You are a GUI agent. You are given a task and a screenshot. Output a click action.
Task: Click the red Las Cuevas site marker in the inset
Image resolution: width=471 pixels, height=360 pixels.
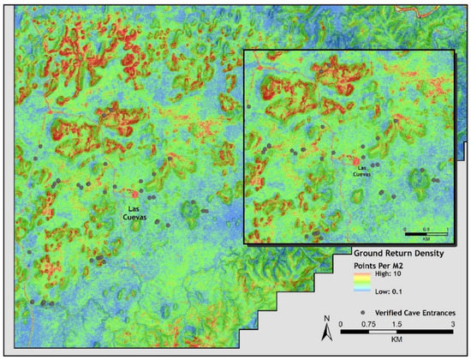click(x=355, y=160)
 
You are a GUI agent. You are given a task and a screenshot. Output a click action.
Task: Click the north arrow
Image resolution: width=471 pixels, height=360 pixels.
click(x=325, y=333)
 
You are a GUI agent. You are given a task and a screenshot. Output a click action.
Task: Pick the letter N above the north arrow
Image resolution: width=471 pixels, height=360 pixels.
click(x=325, y=320)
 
